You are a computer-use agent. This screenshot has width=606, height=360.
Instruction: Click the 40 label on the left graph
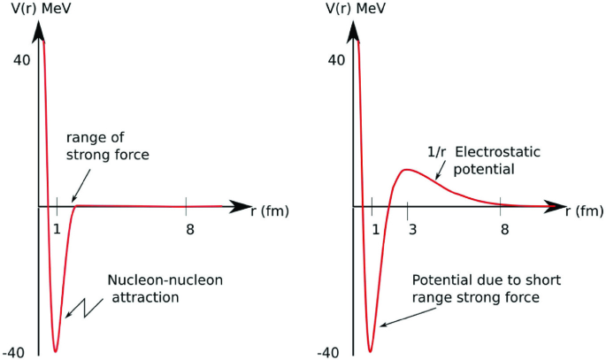[x=20, y=60]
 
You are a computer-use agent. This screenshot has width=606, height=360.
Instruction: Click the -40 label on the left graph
[x=18, y=352]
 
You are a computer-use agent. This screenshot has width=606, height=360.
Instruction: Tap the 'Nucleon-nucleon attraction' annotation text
[x=165, y=288]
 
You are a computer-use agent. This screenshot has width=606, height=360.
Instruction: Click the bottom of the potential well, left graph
[x=56, y=351]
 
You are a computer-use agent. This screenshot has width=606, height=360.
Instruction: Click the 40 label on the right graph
[x=336, y=60]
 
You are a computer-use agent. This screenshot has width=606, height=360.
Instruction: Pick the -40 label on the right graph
[x=334, y=352]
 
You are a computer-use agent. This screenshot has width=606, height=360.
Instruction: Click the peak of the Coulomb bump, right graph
[x=407, y=169]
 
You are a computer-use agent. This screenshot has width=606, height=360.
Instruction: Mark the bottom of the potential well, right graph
[x=371, y=351]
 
